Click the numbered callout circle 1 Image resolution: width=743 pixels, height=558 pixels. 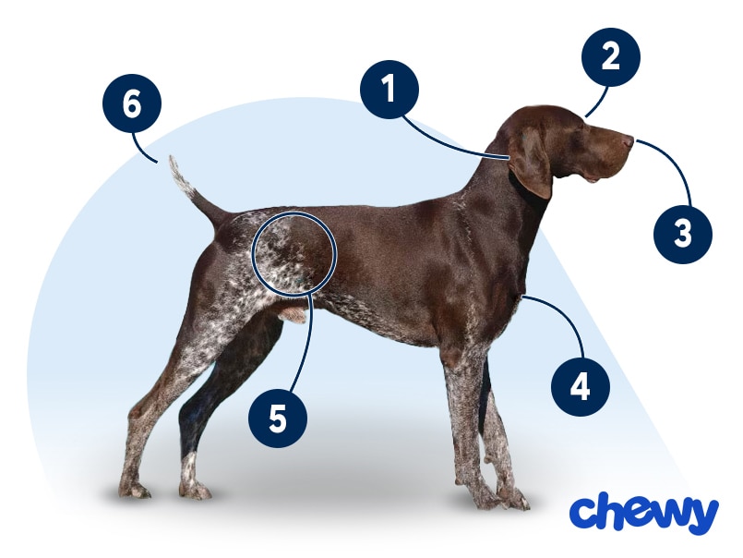click(389, 90)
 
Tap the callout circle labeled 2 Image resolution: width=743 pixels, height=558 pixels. click(611, 57)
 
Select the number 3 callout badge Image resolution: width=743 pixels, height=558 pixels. click(683, 234)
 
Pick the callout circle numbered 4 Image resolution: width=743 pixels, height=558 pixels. click(581, 387)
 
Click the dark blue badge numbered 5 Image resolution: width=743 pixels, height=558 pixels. click(278, 418)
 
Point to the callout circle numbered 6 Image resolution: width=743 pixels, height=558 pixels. click(132, 103)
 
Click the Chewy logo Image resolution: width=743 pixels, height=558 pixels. click(644, 514)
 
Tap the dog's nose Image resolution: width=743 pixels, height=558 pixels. click(629, 140)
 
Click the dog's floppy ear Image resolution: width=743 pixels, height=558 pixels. click(530, 163)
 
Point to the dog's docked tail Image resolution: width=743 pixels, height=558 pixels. click(194, 189)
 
